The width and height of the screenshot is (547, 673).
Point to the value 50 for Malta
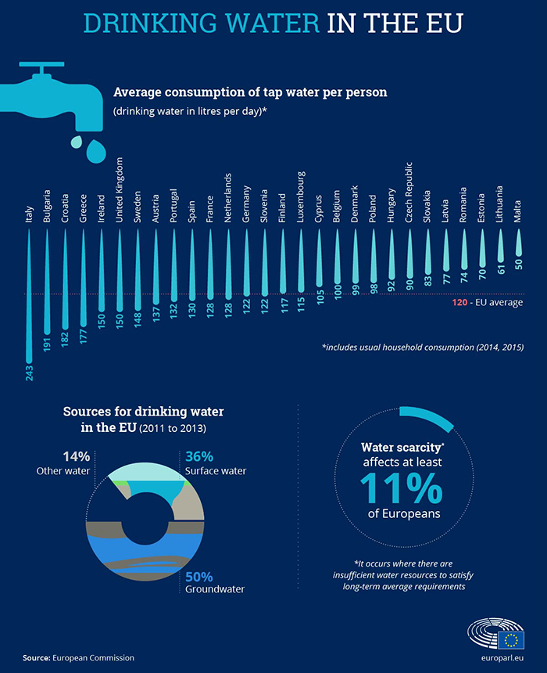pos(517,265)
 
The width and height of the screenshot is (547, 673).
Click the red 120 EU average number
pos(461,301)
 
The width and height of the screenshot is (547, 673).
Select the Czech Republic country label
pos(409,196)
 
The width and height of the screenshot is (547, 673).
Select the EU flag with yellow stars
pos(513,640)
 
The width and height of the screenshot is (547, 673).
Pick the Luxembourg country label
pos(300,201)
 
